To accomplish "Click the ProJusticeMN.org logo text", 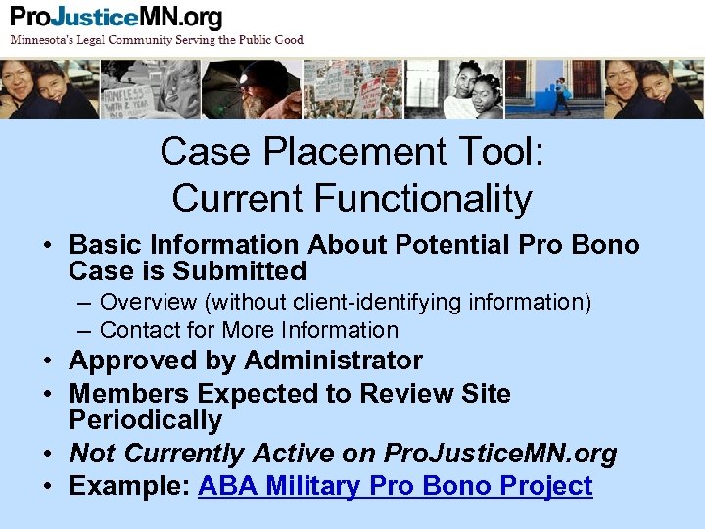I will tap(116, 18).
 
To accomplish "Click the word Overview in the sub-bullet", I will tap(148, 303).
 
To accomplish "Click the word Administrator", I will tap(333, 361).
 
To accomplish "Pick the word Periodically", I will tap(146, 420).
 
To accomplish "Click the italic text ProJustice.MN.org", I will tap(500, 454).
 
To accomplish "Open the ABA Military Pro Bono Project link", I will tap(395, 486).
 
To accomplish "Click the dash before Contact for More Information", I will tap(87, 330).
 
